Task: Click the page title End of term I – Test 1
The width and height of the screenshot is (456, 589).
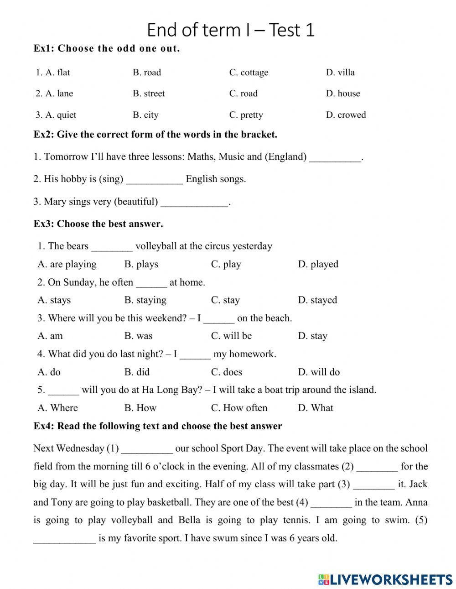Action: [231, 30]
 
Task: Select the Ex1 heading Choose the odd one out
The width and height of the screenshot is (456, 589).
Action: [107, 48]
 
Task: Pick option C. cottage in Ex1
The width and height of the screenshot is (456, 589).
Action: [249, 73]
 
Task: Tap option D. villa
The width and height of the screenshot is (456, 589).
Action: [340, 73]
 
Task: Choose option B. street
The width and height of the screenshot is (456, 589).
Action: [149, 94]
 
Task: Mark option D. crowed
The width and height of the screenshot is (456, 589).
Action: [346, 115]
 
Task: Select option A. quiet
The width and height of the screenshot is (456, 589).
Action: [56, 115]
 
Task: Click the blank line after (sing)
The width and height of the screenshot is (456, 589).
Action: [154, 180]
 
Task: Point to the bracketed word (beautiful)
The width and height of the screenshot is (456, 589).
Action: [136, 202]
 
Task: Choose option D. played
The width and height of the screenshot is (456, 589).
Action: [318, 264]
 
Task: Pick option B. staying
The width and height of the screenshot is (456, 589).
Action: [145, 300]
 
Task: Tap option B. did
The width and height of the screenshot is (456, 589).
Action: [137, 372]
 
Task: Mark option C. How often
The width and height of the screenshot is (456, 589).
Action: [239, 408]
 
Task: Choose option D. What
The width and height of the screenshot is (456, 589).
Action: [316, 408]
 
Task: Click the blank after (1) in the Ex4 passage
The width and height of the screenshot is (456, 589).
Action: [147, 449]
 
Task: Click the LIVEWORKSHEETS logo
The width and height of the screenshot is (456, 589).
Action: [385, 579]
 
